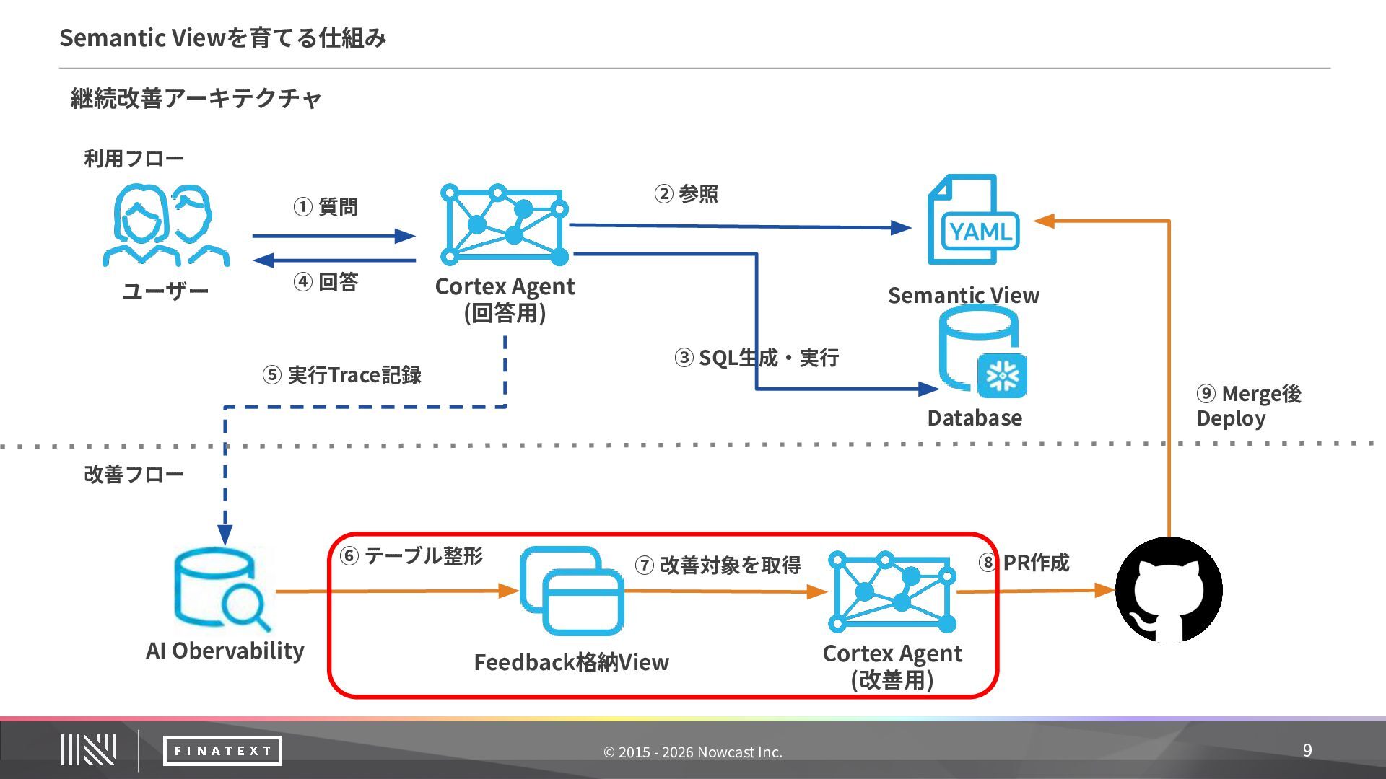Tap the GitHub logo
tap(1169, 590)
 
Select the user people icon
tap(166, 225)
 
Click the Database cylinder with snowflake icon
tap(982, 351)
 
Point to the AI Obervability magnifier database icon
tap(222, 589)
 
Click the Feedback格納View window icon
tap(572, 591)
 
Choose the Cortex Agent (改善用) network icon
tap(892, 591)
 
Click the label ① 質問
tap(326, 207)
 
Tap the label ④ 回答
tap(326, 281)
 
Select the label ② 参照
tap(687, 193)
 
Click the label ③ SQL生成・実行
tap(757, 358)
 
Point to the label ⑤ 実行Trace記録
tap(341, 375)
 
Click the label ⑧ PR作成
tap(1024, 563)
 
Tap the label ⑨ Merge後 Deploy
tap(1249, 406)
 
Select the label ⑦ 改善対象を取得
tap(718, 565)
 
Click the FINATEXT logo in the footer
tap(222, 751)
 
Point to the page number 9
tap(1307, 750)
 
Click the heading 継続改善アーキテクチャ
tap(196, 98)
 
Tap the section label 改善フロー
tap(134, 475)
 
